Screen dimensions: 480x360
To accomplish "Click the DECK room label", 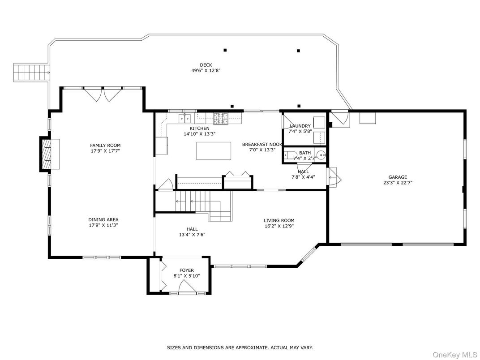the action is [206, 65].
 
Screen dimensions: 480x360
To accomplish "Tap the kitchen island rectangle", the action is [214, 150].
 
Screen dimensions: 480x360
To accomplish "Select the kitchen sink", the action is [184, 117].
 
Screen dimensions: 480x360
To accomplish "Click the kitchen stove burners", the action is [221, 119].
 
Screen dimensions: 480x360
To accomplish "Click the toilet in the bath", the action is [289, 155].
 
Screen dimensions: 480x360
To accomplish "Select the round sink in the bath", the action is [321, 155].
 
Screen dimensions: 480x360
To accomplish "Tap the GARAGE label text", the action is [398, 177].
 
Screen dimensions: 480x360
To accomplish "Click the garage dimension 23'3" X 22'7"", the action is [398, 183].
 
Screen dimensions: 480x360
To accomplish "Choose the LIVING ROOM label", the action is [279, 220].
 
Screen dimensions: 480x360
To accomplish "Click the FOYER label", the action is [186, 270].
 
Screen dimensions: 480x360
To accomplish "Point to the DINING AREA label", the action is [103, 219].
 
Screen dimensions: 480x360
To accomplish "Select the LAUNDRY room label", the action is [300, 126].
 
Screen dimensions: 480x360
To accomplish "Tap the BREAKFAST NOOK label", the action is [262, 144].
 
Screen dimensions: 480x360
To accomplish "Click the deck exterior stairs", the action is [31, 73].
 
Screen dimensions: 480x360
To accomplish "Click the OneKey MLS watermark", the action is [454, 355].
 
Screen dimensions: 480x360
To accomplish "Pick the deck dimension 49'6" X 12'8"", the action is [206, 70].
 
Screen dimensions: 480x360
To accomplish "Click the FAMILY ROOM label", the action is [105, 146].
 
